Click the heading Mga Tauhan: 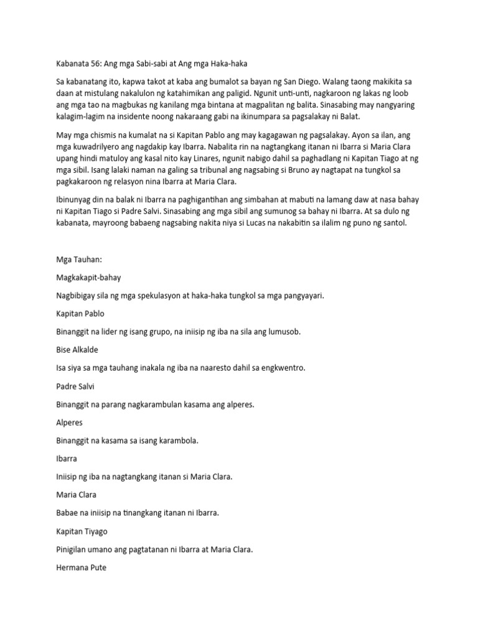[x=77, y=260]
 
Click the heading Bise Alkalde [x=77, y=350]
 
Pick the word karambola [x=177, y=440]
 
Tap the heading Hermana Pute [x=81, y=568]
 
